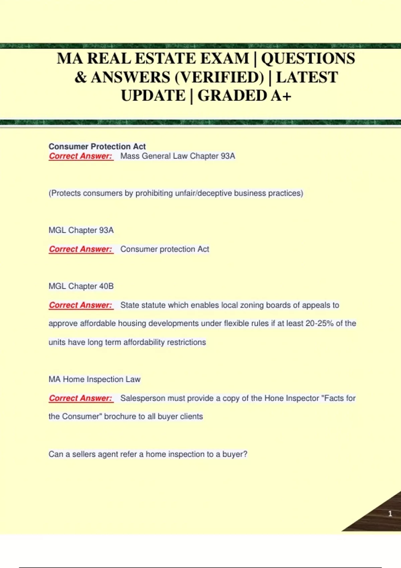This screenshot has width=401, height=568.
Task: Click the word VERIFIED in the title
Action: tap(219, 78)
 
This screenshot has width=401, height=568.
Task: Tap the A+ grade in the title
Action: tap(281, 96)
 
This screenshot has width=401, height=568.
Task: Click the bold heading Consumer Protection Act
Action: tap(97, 146)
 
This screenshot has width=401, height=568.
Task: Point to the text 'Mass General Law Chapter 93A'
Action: tap(178, 156)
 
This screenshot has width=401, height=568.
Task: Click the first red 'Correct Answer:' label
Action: tap(81, 156)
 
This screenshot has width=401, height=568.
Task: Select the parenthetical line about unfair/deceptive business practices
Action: tap(176, 193)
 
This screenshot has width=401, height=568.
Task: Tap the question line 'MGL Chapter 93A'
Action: tap(81, 230)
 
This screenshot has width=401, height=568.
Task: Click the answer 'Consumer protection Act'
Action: tap(164, 249)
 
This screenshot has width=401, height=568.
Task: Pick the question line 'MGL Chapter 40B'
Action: tap(81, 286)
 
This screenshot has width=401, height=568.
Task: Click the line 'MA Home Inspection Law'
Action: tap(95, 379)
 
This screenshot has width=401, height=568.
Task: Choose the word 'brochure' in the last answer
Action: tap(120, 417)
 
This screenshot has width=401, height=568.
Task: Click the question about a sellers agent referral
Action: tap(148, 454)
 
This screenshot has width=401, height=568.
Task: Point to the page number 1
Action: tap(390, 514)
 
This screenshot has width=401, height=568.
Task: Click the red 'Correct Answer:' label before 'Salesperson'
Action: tap(81, 398)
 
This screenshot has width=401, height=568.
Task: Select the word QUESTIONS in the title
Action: tap(308, 59)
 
